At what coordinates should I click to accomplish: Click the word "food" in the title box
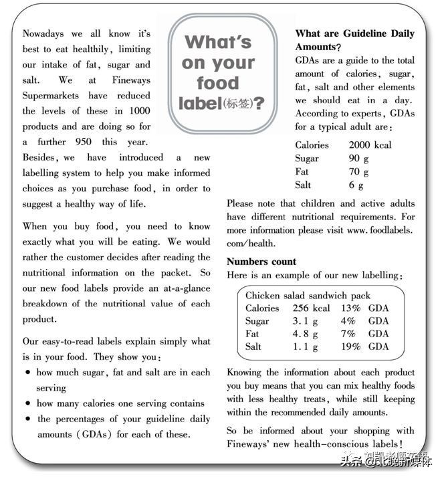click(x=217, y=84)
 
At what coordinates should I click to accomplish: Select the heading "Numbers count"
click(x=261, y=262)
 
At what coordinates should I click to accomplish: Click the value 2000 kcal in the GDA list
click(x=370, y=145)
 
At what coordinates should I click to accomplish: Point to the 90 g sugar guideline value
click(x=358, y=159)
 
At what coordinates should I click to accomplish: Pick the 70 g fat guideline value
click(x=358, y=171)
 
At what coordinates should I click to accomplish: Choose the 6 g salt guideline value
click(x=356, y=185)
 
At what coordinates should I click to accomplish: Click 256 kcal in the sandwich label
click(x=311, y=308)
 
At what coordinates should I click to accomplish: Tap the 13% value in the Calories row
click(x=350, y=308)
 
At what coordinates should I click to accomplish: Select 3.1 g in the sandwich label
click(x=305, y=321)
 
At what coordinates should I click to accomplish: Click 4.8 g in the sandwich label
click(x=305, y=334)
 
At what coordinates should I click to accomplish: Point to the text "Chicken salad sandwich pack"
click(x=308, y=296)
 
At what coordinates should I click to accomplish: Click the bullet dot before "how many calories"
click(x=27, y=404)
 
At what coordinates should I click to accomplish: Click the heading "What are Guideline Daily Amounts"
click(x=354, y=40)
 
